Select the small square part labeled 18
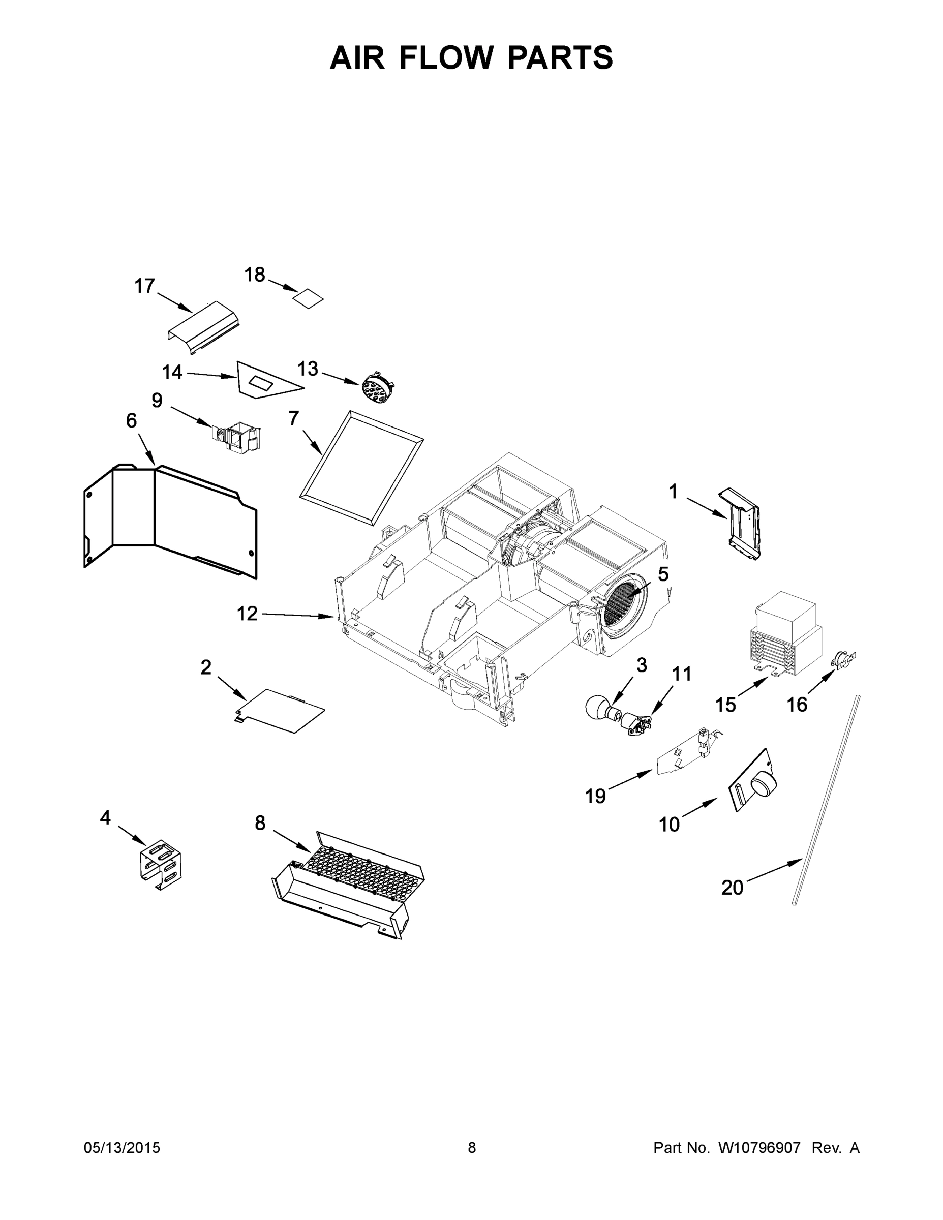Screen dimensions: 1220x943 (309, 298)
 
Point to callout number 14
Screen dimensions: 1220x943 (172, 372)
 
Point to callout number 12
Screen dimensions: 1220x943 (247, 614)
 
